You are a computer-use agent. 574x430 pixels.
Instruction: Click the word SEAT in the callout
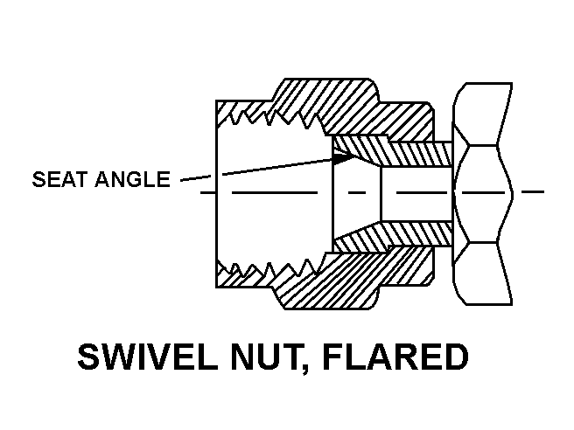pyautogui.click(x=58, y=181)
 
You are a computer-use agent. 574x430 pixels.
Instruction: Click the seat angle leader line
pyautogui.click(x=254, y=169)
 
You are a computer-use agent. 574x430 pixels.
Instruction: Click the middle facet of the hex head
pyautogui.click(x=480, y=191)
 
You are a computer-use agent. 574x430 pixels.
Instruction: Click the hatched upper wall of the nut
pyautogui.click(x=332, y=105)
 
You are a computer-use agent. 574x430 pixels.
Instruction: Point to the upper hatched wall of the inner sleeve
pyautogui.click(x=402, y=153)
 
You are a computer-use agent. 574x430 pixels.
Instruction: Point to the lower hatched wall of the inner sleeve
pyautogui.click(x=402, y=232)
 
